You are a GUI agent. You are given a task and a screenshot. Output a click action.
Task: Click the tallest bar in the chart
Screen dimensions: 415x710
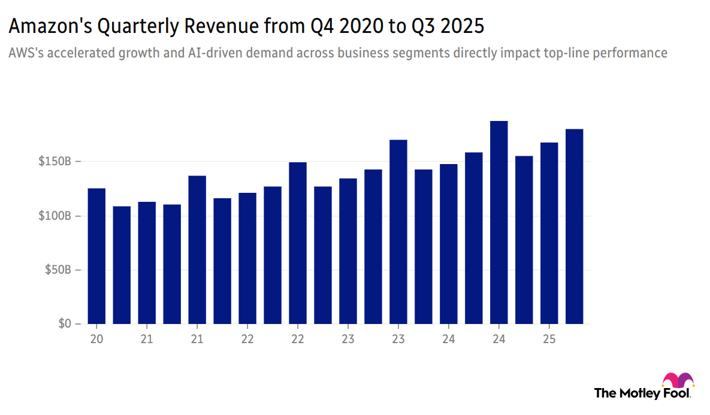(498, 222)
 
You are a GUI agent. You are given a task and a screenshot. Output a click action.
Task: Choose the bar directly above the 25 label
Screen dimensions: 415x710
(549, 233)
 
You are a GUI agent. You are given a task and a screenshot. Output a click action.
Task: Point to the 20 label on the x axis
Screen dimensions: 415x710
(96, 339)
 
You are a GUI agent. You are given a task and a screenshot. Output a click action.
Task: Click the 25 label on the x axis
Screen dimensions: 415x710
(549, 339)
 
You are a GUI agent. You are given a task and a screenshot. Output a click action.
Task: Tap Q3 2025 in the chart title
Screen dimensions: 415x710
(451, 27)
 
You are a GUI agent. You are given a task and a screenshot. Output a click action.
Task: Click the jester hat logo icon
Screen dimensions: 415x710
(678, 381)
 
